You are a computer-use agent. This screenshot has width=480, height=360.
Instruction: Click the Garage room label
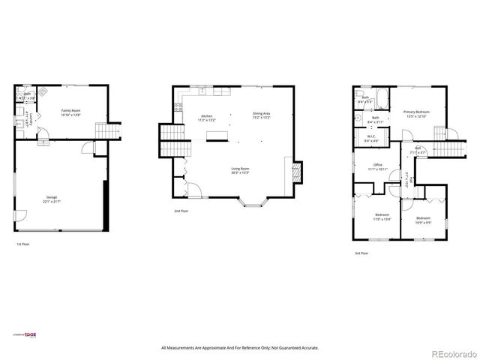tap(52, 199)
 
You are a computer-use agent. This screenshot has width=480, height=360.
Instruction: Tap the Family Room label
tap(70, 112)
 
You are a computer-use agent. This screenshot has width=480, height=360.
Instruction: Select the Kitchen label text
tap(205, 117)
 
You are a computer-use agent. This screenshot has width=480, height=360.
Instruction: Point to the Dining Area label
tap(261, 115)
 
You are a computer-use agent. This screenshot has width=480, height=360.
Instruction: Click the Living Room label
tap(240, 170)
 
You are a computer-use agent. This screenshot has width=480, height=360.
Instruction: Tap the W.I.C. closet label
tap(370, 139)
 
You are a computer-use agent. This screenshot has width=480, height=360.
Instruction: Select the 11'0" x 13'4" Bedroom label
tap(382, 217)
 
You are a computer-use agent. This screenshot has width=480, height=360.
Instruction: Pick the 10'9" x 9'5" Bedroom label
tap(423, 220)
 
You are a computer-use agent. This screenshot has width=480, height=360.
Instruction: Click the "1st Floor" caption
tap(23, 244)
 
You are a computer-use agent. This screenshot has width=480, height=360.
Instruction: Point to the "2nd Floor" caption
tap(181, 211)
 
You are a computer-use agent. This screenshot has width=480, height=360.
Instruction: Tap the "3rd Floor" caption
tap(362, 253)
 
